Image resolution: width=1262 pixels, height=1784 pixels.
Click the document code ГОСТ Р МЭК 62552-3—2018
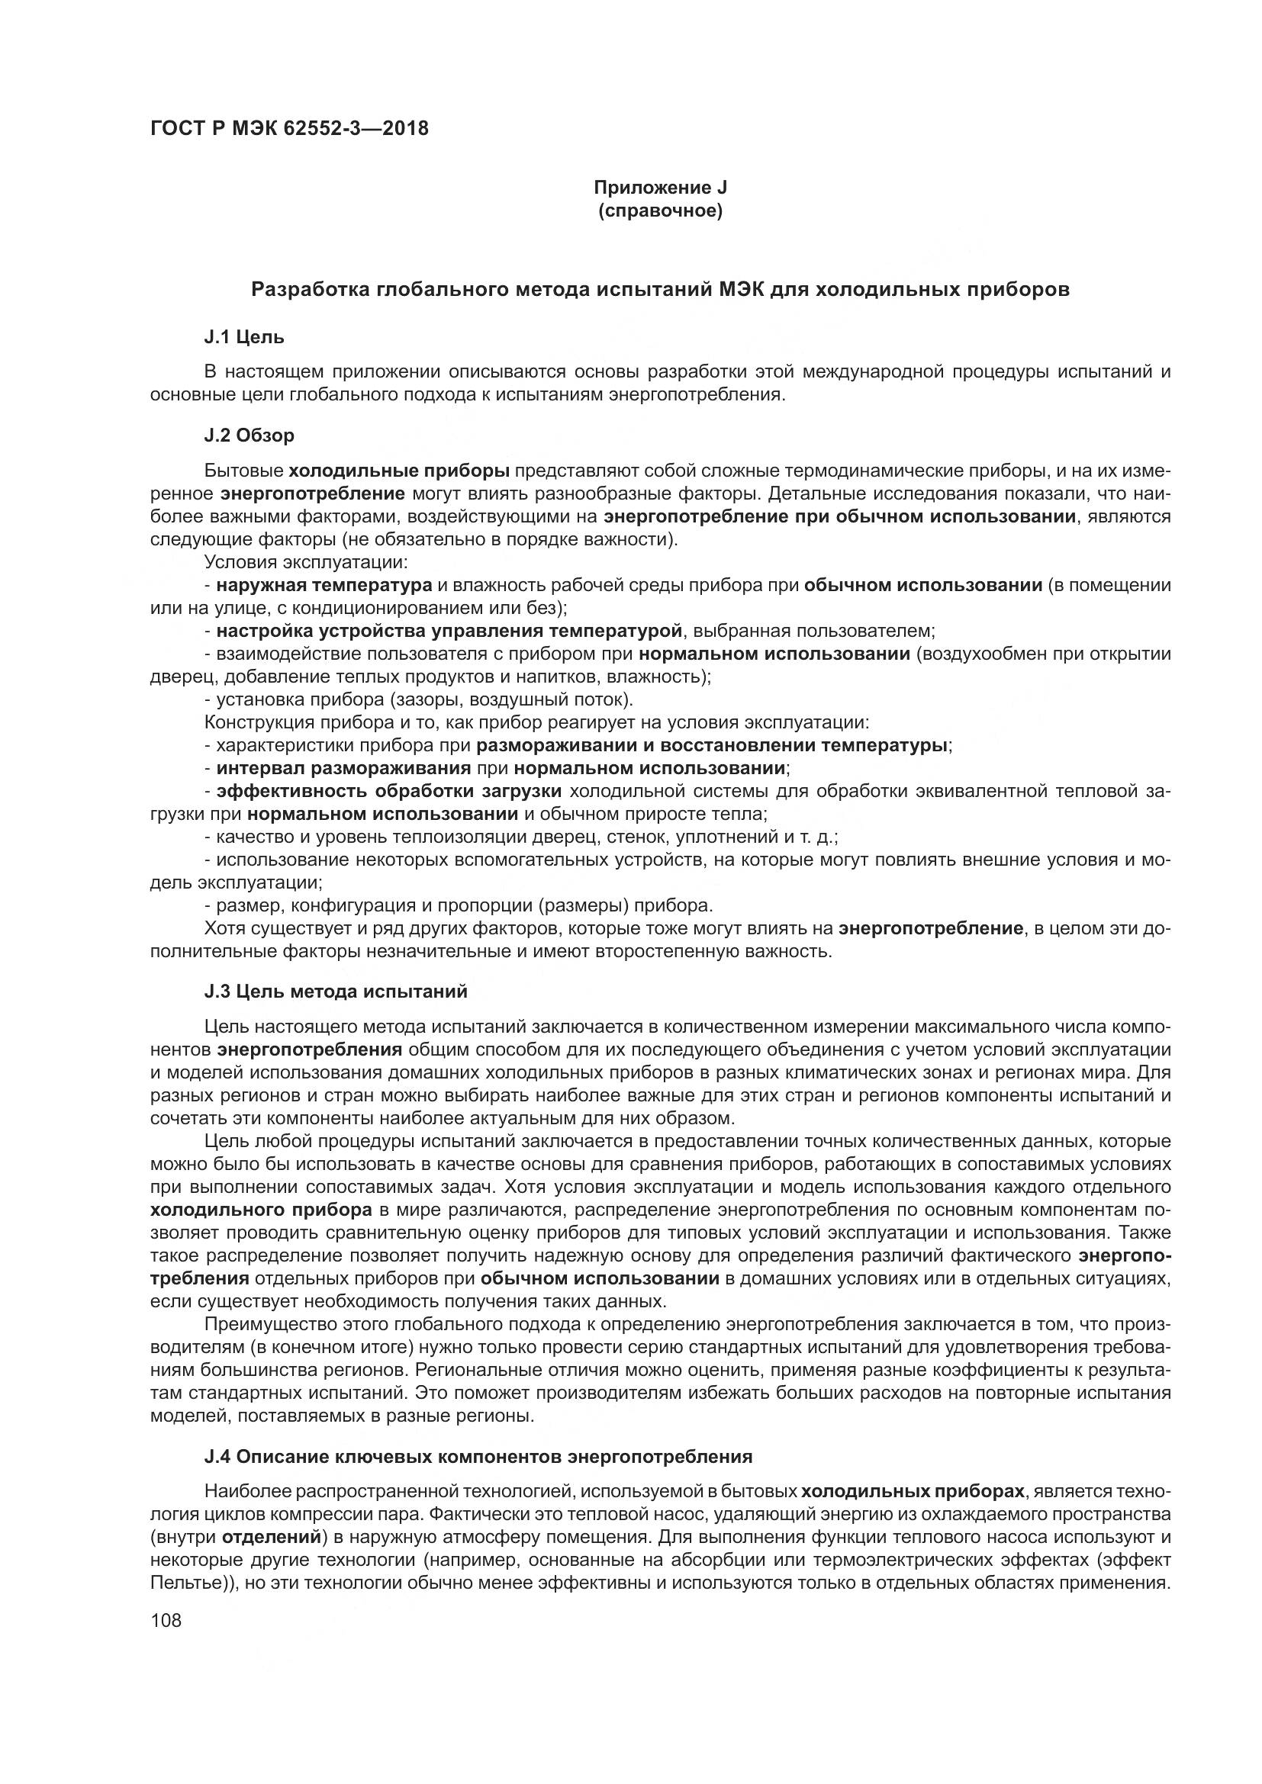point(289,128)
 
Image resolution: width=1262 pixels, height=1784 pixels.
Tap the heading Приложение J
point(660,188)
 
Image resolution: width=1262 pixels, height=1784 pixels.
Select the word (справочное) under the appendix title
point(660,211)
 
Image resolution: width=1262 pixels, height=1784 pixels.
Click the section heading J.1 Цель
point(244,336)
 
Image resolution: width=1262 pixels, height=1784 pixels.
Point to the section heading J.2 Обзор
point(249,435)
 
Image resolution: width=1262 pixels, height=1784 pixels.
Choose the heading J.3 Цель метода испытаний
point(336,991)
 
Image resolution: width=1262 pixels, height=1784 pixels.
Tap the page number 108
point(166,1620)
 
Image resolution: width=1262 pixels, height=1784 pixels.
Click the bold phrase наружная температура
point(324,584)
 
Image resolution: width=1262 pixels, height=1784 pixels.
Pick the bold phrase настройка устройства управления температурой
point(449,630)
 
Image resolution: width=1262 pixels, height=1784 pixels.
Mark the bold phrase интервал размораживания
point(343,768)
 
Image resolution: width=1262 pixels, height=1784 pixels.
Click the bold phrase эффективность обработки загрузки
point(388,791)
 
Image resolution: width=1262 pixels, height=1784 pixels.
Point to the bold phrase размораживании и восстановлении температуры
point(712,745)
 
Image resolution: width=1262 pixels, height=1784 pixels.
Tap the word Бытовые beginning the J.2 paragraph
point(244,470)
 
